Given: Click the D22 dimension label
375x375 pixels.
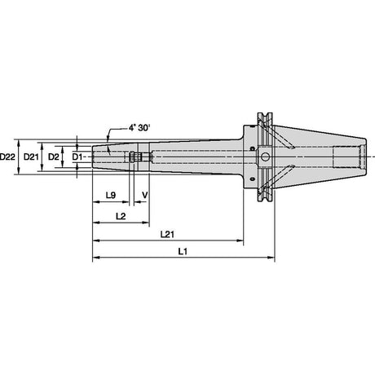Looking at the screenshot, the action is tap(7, 157).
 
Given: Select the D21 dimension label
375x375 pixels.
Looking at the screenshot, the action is tap(31, 157).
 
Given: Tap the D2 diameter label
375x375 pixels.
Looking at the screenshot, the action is tap(54, 157).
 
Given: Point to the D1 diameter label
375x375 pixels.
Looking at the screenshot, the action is tap(77, 157).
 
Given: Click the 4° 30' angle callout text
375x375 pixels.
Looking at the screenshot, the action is tap(139, 127).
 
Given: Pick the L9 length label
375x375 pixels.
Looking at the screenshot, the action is tap(111, 195).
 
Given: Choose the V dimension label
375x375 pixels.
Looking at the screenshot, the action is tap(145, 195).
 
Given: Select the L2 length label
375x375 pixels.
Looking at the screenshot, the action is tap(121, 216).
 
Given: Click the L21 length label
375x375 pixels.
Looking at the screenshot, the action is tap(167, 234).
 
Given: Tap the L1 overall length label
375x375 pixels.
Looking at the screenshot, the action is tap(183, 251).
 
